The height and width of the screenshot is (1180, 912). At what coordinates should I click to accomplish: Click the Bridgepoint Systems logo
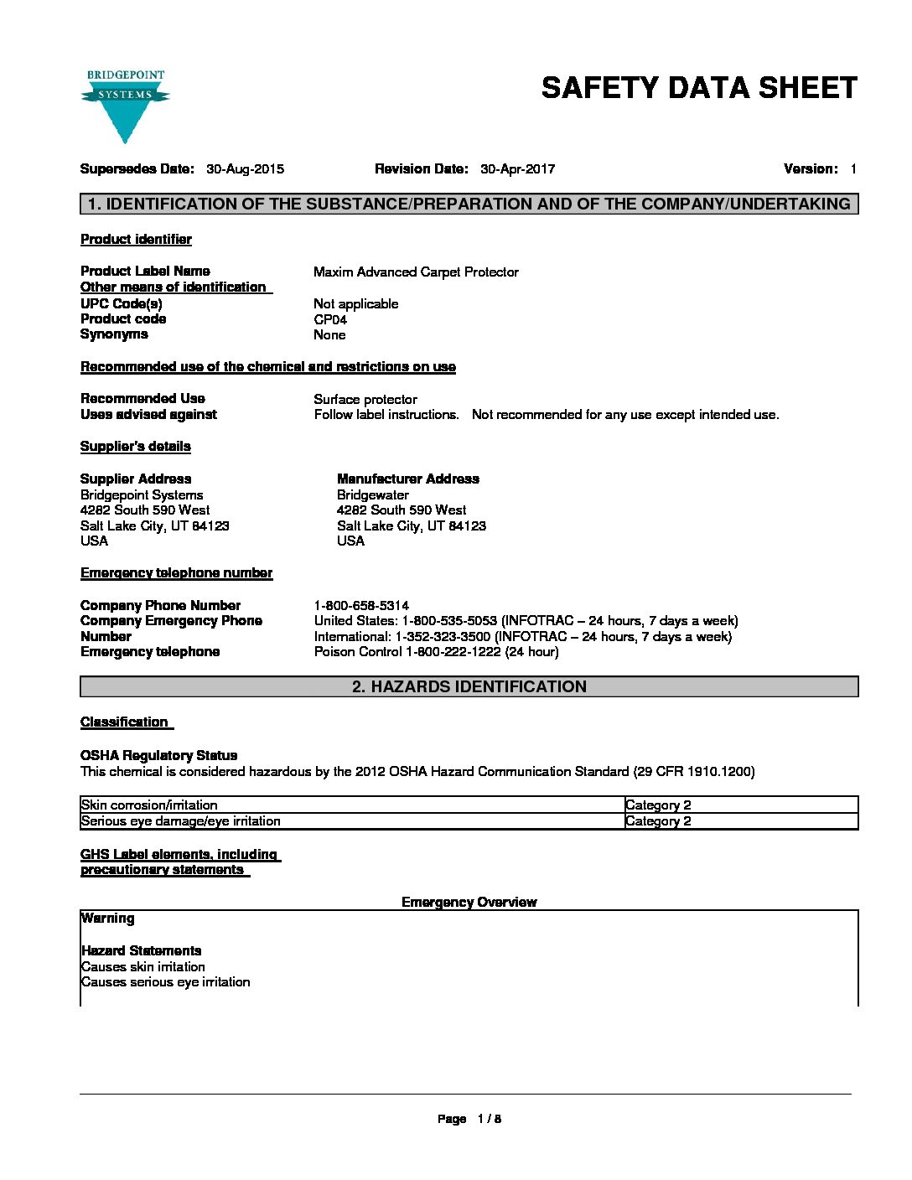pyautogui.click(x=125, y=106)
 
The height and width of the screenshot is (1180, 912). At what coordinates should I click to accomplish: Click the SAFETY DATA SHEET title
pyautogui.click(x=699, y=88)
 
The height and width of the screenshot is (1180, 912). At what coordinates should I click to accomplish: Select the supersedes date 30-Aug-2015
pyautogui.click(x=245, y=169)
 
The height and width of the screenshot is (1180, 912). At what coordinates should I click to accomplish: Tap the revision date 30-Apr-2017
pyautogui.click(x=517, y=169)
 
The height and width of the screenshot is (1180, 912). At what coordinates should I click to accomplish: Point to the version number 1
pyautogui.click(x=852, y=169)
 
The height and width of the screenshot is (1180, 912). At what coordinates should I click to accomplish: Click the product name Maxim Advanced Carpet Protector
pyautogui.click(x=416, y=272)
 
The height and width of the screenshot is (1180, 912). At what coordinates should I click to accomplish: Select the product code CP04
pyautogui.click(x=330, y=319)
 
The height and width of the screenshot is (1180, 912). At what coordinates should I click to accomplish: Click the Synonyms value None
pyautogui.click(x=329, y=335)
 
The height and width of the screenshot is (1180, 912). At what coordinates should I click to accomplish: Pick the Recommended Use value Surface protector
pyautogui.click(x=365, y=400)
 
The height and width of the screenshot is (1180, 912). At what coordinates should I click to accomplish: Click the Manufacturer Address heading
pyautogui.click(x=408, y=479)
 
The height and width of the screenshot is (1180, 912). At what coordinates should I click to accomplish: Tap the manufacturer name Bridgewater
pyautogui.click(x=373, y=495)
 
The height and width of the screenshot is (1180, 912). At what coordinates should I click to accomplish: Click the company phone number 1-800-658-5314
pyautogui.click(x=361, y=606)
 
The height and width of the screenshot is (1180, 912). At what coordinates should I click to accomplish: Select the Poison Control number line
pyautogui.click(x=436, y=652)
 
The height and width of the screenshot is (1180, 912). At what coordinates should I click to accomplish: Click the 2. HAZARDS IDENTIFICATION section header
pyautogui.click(x=469, y=687)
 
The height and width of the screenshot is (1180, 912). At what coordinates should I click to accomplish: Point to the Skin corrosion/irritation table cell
pyautogui.click(x=150, y=805)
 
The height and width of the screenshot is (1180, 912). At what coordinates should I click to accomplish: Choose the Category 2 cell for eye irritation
pyautogui.click(x=658, y=821)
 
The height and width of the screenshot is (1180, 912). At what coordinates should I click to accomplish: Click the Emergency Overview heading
pyautogui.click(x=469, y=903)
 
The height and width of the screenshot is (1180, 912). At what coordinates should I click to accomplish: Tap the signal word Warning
pyautogui.click(x=108, y=919)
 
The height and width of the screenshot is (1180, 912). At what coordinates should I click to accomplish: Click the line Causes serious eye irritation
pyautogui.click(x=166, y=982)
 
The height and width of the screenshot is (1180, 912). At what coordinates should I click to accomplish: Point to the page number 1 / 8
pyautogui.click(x=489, y=1119)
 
